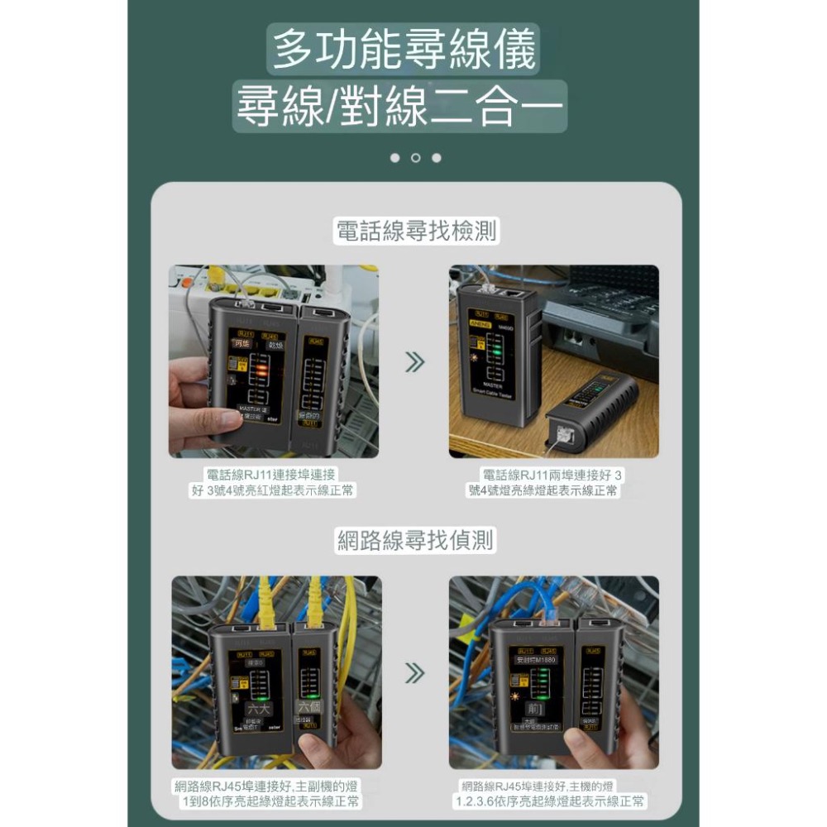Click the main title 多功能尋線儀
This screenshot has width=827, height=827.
pyautogui.click(x=404, y=50)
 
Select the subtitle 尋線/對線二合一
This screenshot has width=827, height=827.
pyautogui.click(x=400, y=107)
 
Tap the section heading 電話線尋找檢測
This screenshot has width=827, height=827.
pyautogui.click(x=416, y=232)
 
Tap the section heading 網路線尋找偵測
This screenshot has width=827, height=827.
pyautogui.click(x=416, y=541)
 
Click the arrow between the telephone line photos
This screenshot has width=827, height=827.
pyautogui.click(x=414, y=362)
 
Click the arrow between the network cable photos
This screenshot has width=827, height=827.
pyautogui.click(x=414, y=673)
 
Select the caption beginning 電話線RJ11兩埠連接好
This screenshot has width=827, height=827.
pyautogui.click(x=552, y=483)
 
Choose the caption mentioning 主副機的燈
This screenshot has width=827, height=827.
pyautogui.click(x=270, y=793)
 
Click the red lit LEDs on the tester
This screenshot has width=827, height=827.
pyautogui.click(x=260, y=371)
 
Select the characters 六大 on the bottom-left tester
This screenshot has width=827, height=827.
pyautogui.click(x=259, y=709)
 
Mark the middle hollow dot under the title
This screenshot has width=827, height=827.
pyautogui.click(x=415, y=158)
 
